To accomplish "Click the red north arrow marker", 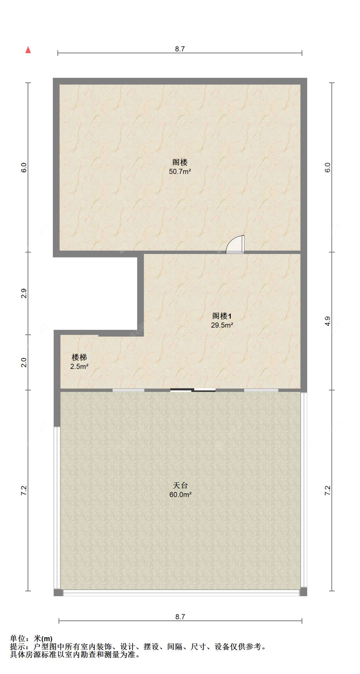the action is point(28,50).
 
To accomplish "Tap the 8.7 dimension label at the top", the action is point(180,49).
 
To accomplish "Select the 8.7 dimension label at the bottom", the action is point(180,617).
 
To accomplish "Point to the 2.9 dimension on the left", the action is point(24,293).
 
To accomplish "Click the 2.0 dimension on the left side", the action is point(24,362).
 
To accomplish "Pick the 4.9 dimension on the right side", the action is point(327,321).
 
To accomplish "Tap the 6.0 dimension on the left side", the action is point(24,167).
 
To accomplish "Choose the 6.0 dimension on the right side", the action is point(327,167).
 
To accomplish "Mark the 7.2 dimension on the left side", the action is point(24,491).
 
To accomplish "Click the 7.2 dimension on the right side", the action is point(327,491).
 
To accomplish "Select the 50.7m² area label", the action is point(180,171).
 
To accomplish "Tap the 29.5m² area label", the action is point(222,325).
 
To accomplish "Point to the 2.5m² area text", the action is point(79,367).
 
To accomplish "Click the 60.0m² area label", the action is point(180,495).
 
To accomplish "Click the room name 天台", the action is point(180,485).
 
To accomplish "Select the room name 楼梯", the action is point(79,357).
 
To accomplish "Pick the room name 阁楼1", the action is point(222,316).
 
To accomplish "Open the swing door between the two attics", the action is point(235,245).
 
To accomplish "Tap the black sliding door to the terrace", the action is point(193,390).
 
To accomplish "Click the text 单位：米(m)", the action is point(31,638).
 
